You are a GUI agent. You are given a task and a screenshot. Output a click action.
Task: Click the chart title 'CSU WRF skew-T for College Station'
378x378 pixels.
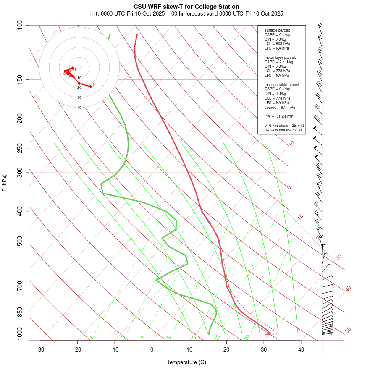pos(186,7)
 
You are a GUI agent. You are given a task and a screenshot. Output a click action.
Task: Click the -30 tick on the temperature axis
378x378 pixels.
pos(40,349)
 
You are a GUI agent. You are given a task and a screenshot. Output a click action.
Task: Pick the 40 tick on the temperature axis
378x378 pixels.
pos(301,349)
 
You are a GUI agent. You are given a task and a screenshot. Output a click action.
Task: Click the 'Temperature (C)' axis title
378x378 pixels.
pos(186,362)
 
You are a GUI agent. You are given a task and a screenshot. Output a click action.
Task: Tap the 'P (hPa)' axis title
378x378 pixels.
pos(4,183)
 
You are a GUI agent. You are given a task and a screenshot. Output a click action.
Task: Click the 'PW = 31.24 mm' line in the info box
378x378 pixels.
pos(279,116)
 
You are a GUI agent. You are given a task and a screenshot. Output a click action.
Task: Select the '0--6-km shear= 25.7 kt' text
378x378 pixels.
pos(284,126)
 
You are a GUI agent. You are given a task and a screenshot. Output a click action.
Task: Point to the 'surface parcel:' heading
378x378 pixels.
pos(277,30)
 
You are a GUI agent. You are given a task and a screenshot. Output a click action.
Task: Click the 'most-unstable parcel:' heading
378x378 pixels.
pos(282,85)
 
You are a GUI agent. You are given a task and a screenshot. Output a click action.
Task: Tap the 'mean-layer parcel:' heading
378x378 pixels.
pos(280,58)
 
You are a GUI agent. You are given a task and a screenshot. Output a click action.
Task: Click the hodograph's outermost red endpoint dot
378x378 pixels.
pos(90,87)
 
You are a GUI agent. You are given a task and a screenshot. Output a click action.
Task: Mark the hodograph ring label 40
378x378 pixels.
pos(79,108)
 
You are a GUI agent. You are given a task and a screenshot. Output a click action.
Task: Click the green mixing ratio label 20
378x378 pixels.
pos(247,337)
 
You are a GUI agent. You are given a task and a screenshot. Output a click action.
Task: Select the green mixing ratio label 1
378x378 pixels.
pos(91,337)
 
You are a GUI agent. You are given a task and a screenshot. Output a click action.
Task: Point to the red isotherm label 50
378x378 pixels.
pos(348,330)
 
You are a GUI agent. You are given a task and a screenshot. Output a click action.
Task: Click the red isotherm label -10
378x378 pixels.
pos(290,144)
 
